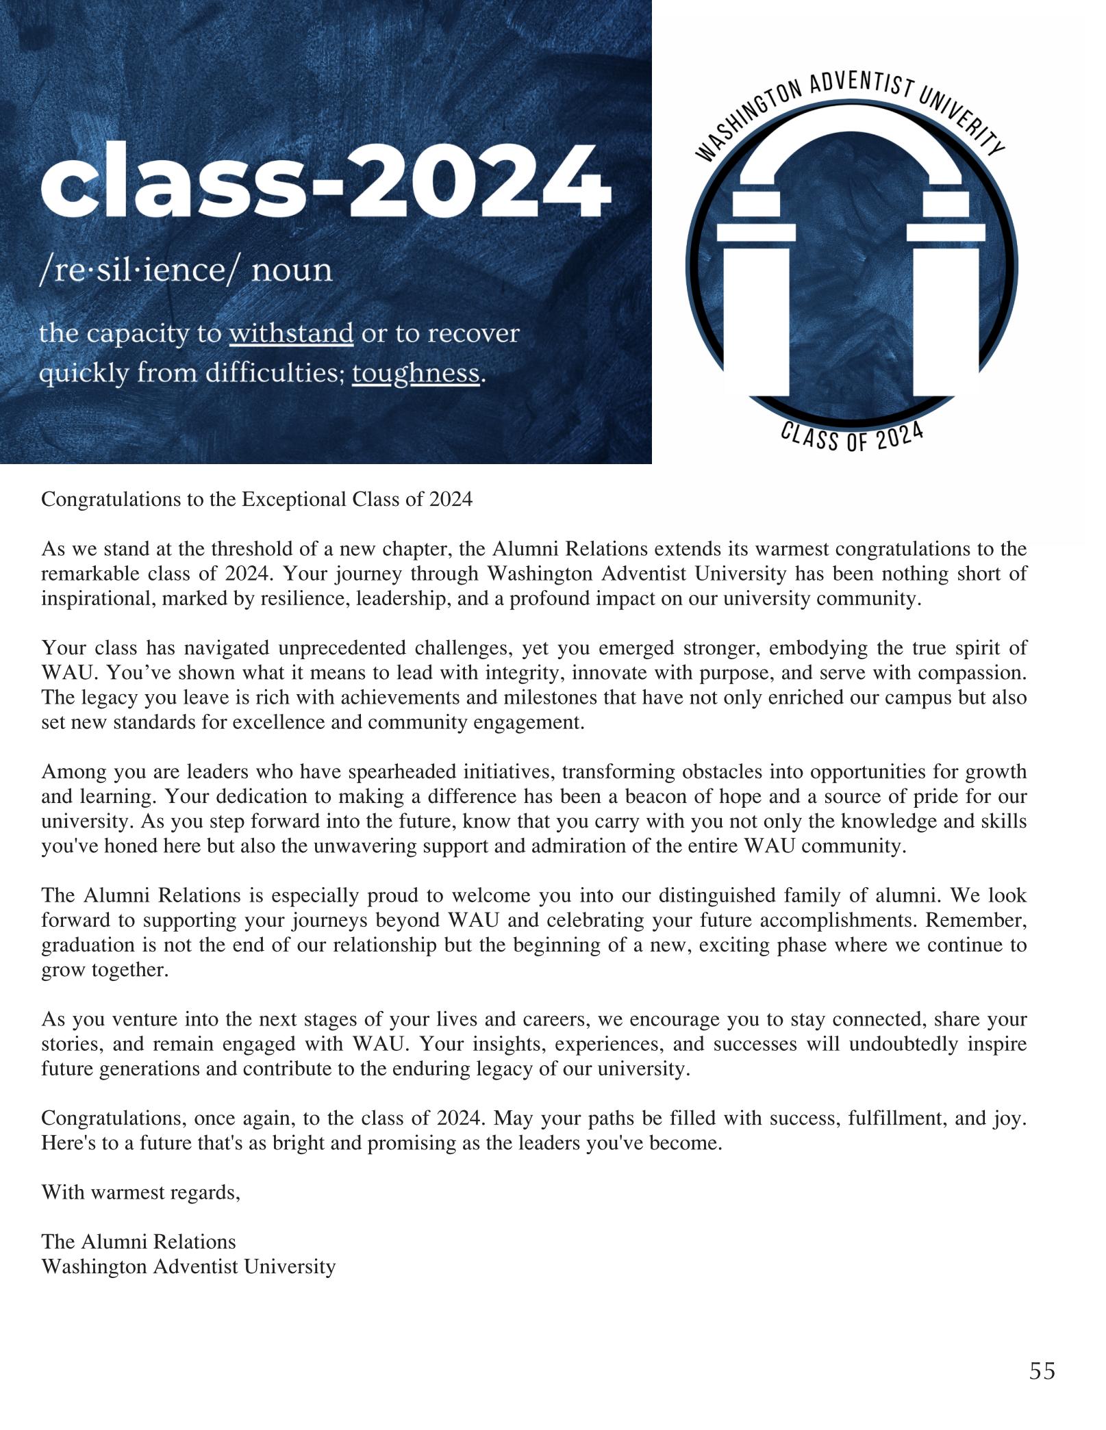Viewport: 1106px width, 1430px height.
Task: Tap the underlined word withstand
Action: pyautogui.click(x=291, y=334)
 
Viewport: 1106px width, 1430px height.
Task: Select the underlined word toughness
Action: pyautogui.click(x=416, y=374)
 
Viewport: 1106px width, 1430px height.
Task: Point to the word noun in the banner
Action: pyautogui.click(x=292, y=270)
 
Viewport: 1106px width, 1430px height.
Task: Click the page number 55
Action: pyautogui.click(x=1042, y=1371)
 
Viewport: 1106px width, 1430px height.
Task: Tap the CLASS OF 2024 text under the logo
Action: pyautogui.click(x=852, y=436)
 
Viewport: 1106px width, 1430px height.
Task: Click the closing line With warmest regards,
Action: pyautogui.click(x=141, y=1192)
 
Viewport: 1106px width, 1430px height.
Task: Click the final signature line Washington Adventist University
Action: pyautogui.click(x=188, y=1267)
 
